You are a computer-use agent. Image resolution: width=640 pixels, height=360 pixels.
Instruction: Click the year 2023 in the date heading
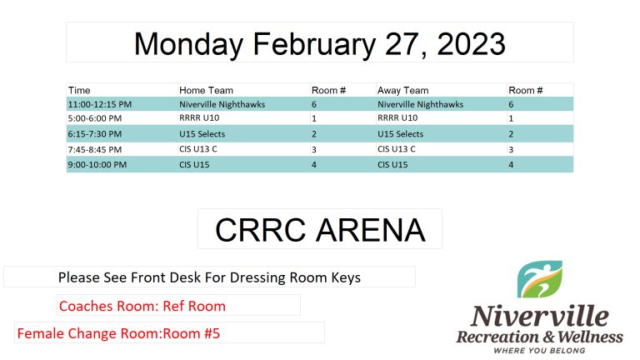point(471,43)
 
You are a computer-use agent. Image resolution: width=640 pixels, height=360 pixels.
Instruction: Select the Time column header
point(79,90)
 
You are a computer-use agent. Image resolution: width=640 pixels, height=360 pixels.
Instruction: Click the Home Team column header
point(206,90)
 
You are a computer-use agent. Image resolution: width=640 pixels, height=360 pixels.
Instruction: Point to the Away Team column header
point(402,91)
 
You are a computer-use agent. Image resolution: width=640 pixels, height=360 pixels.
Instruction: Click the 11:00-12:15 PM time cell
point(100,104)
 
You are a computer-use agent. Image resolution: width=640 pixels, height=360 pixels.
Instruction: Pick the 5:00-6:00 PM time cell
point(95,118)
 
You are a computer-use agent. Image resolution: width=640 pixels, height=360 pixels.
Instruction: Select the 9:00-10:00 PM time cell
point(97,165)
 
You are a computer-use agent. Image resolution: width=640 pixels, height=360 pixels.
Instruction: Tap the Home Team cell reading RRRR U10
point(199,118)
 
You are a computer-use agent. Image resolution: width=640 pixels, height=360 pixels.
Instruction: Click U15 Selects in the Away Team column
point(400,134)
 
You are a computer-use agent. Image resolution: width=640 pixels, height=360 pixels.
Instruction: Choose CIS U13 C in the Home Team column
point(198,149)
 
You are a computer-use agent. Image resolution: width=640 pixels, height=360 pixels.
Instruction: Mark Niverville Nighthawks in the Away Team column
point(420,104)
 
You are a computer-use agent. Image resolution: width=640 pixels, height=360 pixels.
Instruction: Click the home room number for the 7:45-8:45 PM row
point(314,150)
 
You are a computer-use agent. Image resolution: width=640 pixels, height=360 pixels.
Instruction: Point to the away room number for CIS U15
point(511,165)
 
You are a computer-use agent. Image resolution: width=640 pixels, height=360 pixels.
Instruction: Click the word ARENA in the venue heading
point(371,230)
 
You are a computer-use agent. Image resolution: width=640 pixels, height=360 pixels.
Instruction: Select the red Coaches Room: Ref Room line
point(142,306)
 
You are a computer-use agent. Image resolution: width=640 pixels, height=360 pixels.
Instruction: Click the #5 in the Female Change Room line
point(212,333)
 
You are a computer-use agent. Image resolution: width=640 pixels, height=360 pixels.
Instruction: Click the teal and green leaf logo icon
point(540,280)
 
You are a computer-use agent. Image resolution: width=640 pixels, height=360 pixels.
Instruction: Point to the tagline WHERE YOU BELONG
point(540,351)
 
